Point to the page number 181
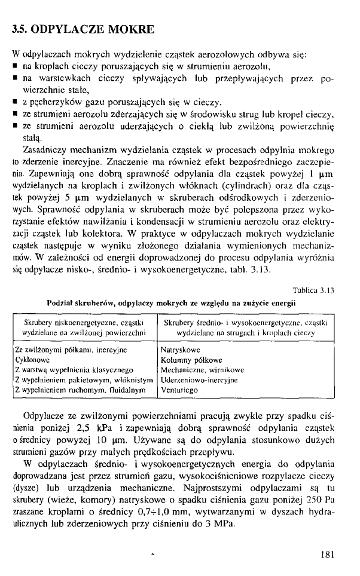(x=327, y=554)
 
